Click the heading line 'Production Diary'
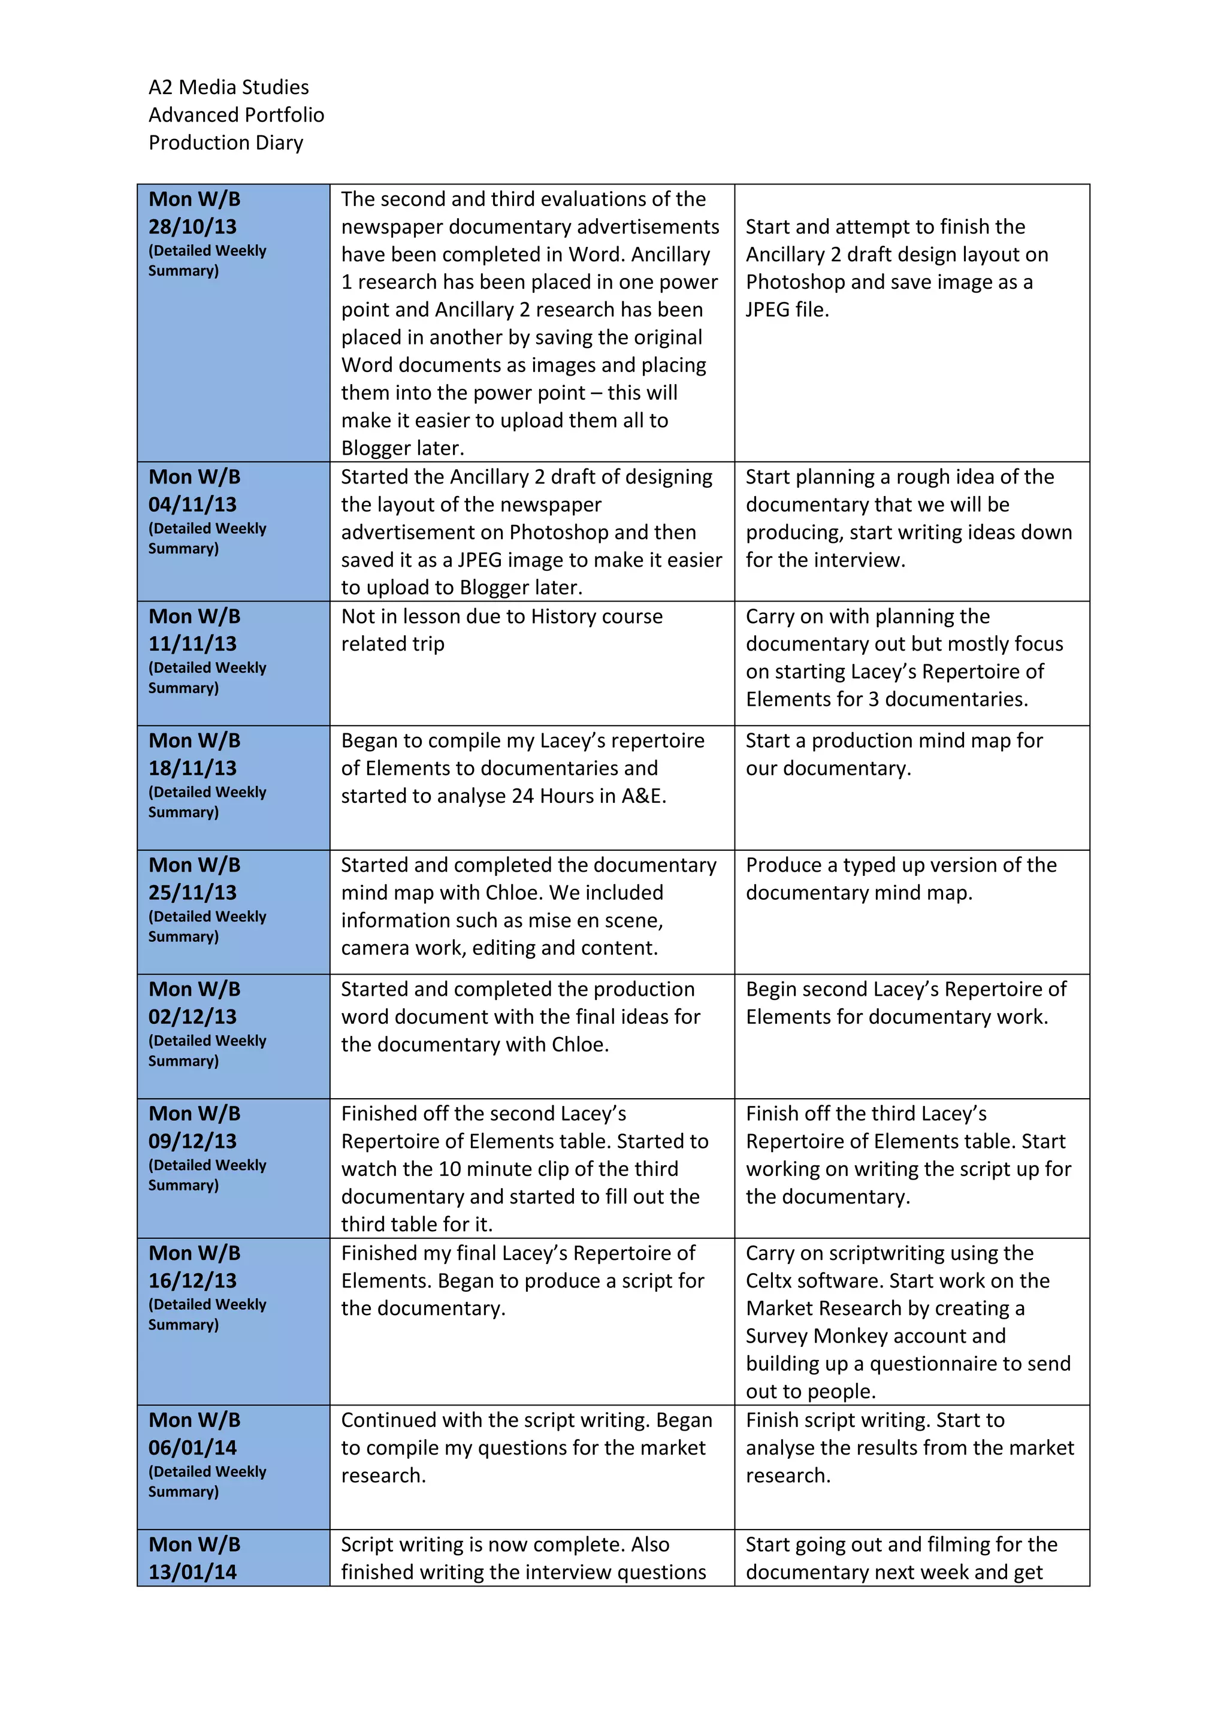pos(225,143)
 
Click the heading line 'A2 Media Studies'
pos(228,87)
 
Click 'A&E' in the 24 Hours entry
pos(643,796)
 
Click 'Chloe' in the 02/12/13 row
pos(579,1045)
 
